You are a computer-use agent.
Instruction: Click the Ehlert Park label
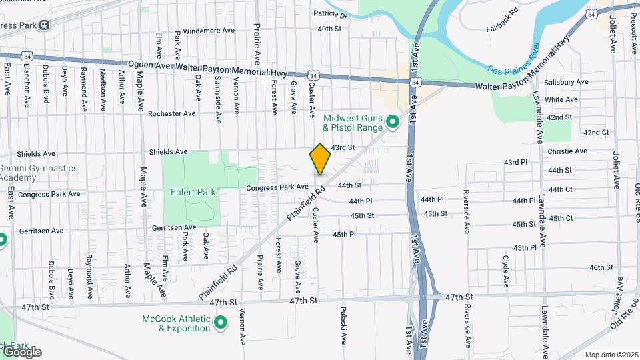click(x=198, y=192)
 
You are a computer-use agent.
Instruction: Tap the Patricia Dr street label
click(x=331, y=14)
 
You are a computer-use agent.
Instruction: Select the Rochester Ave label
click(x=172, y=113)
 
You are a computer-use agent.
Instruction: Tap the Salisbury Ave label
click(x=566, y=82)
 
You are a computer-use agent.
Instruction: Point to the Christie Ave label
click(x=567, y=151)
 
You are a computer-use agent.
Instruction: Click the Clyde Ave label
click(x=506, y=271)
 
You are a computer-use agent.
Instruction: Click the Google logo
click(x=22, y=352)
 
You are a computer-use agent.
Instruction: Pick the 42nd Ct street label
click(x=596, y=133)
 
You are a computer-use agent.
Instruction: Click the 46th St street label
click(x=601, y=267)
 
